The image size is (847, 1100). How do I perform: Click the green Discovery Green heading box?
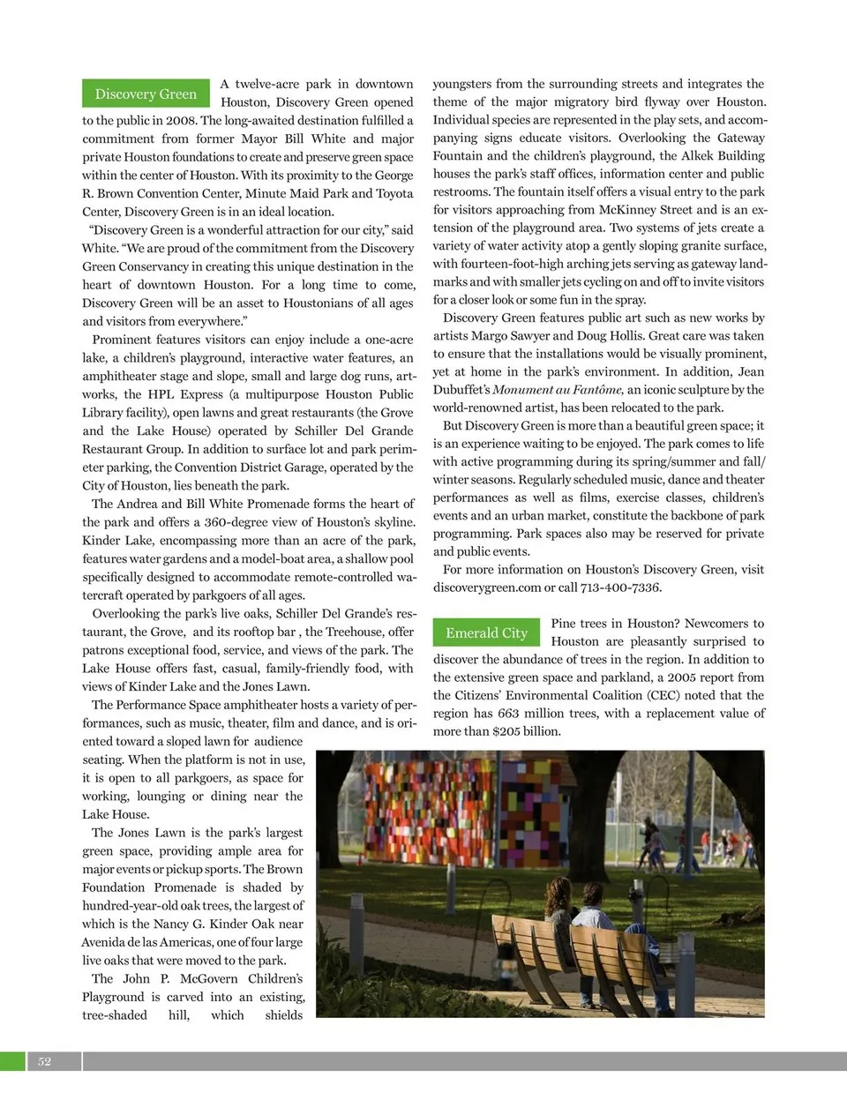[x=146, y=94]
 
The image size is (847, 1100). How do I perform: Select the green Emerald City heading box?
[x=486, y=632]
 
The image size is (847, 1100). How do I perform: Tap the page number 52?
[x=44, y=1061]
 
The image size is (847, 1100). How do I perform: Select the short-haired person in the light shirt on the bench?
[x=593, y=909]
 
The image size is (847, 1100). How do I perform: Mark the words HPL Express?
[x=184, y=394]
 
